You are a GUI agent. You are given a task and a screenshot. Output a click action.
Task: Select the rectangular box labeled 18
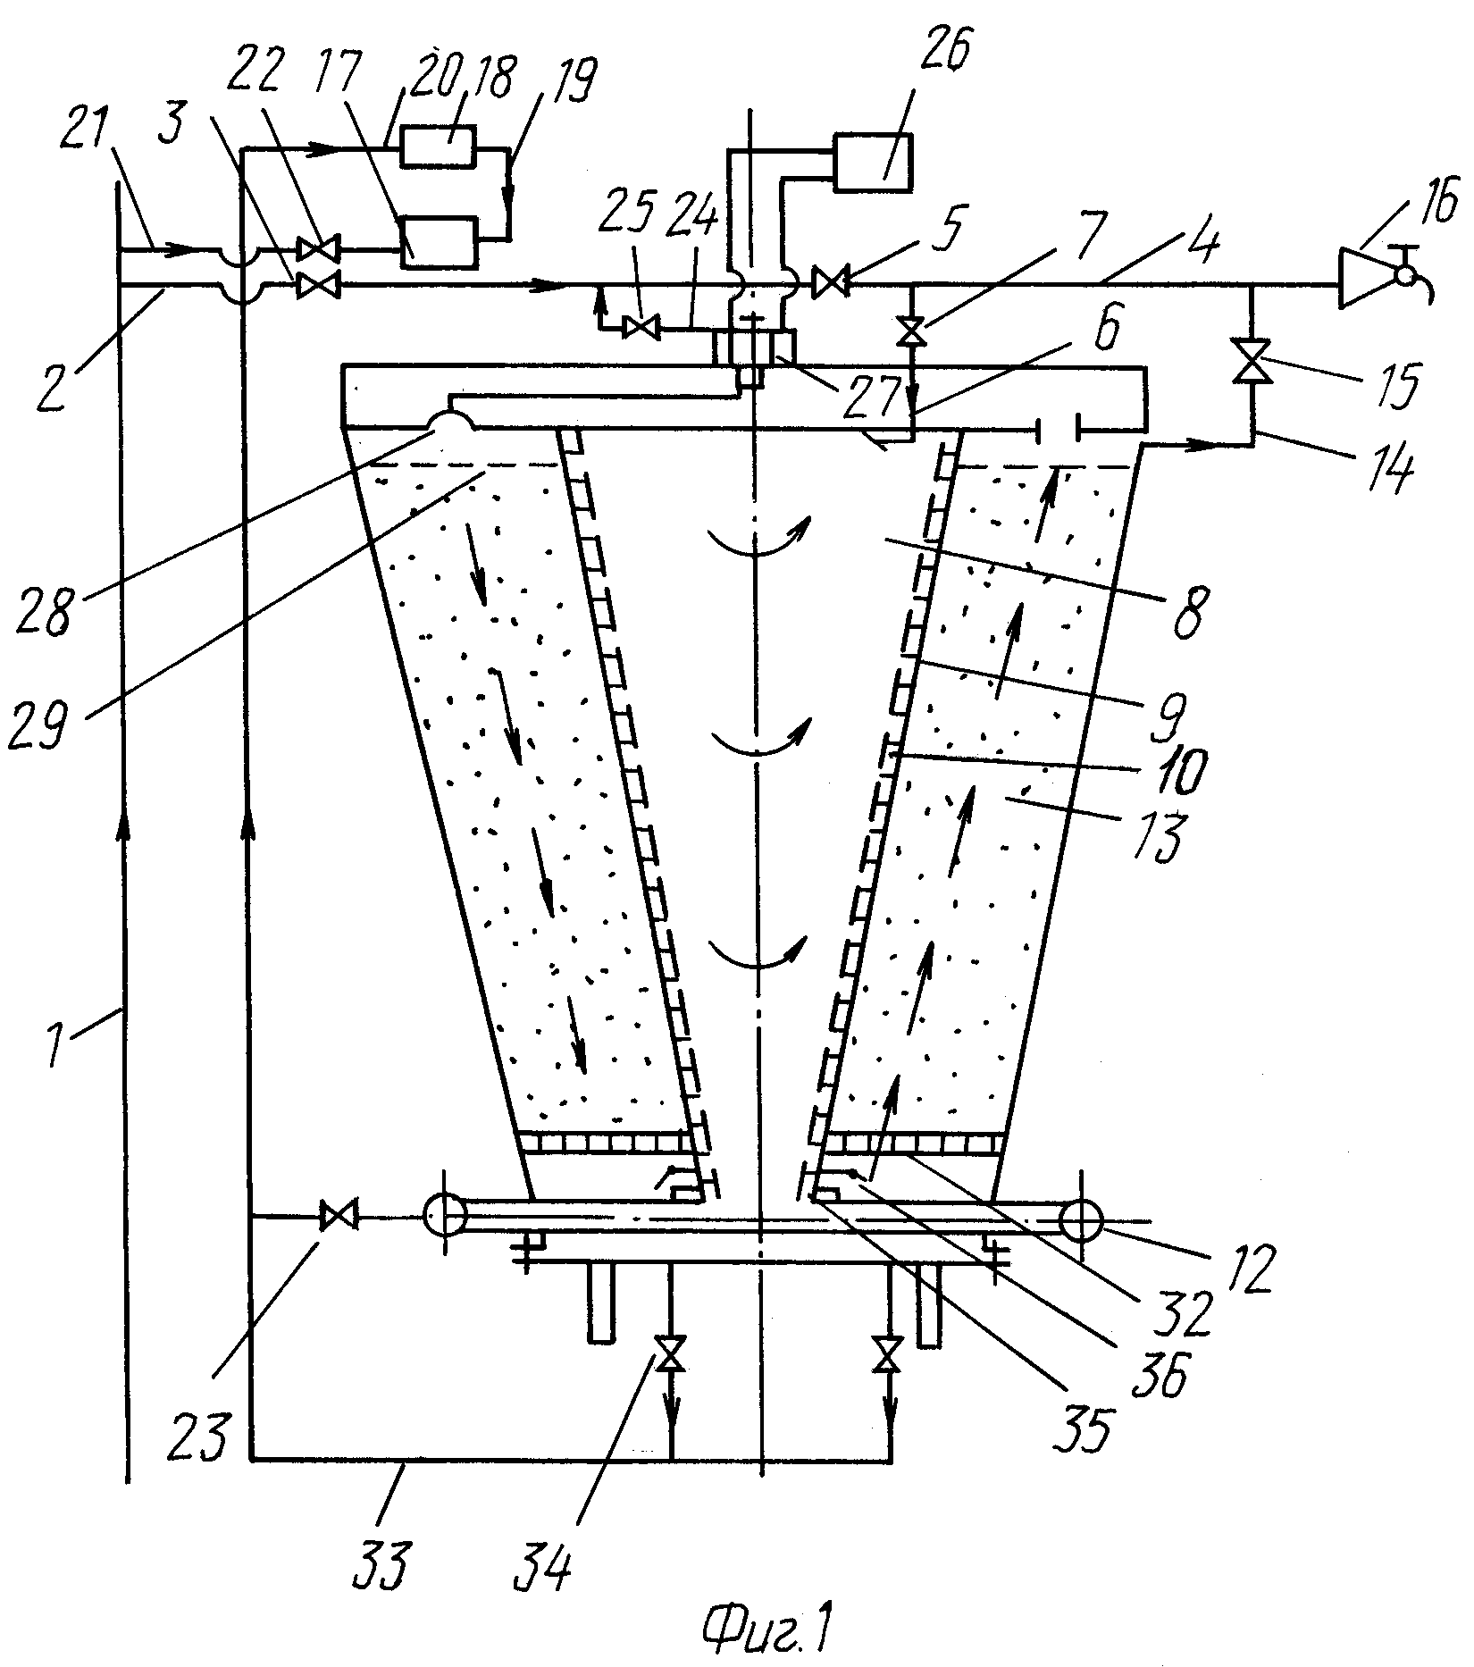(x=439, y=145)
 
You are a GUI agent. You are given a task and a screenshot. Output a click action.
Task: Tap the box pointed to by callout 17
(x=439, y=241)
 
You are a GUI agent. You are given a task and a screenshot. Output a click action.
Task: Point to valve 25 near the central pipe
(x=640, y=328)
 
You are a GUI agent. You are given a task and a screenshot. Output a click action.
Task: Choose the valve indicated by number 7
(x=912, y=333)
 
